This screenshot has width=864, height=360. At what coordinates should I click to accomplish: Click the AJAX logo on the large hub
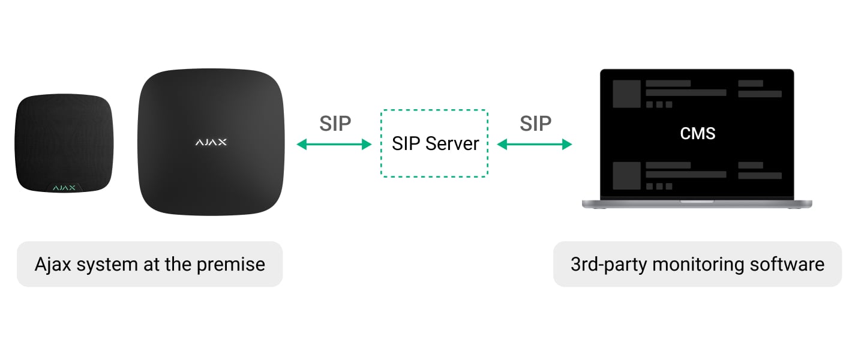click(211, 143)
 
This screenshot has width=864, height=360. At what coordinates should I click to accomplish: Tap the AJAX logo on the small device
click(64, 188)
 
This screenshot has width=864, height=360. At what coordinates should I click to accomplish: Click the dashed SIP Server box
click(434, 143)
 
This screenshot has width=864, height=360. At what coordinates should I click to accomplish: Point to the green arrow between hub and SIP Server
click(335, 144)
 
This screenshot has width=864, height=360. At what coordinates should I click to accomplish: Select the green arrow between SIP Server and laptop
click(535, 144)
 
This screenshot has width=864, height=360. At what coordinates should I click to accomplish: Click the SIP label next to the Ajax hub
click(335, 123)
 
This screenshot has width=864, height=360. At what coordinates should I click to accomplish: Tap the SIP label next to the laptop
click(535, 123)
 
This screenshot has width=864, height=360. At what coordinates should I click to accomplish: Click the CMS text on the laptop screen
click(697, 133)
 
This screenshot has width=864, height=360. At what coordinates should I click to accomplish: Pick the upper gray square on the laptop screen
click(626, 94)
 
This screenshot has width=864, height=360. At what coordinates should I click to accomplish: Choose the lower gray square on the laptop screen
click(626, 176)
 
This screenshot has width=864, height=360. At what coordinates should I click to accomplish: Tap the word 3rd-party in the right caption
click(608, 264)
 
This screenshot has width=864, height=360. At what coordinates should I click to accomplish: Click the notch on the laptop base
click(697, 202)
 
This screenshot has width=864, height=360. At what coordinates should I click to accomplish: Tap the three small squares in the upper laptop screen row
click(659, 104)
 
